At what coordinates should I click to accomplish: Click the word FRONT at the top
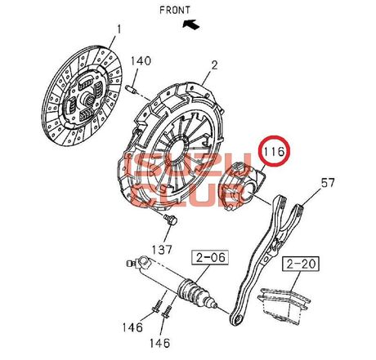175,10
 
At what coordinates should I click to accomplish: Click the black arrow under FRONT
191,24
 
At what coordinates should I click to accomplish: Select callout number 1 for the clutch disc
119,29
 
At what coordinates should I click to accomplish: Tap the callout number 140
141,61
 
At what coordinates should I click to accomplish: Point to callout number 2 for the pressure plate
215,65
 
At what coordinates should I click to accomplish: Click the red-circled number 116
273,151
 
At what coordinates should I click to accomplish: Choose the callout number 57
328,183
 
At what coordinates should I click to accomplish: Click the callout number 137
162,249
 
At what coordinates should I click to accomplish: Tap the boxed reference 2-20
302,264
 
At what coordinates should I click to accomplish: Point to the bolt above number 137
171,220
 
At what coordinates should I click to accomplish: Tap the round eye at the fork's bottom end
238,319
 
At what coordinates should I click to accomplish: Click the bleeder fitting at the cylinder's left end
131,264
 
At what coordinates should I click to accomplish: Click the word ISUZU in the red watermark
187,167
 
